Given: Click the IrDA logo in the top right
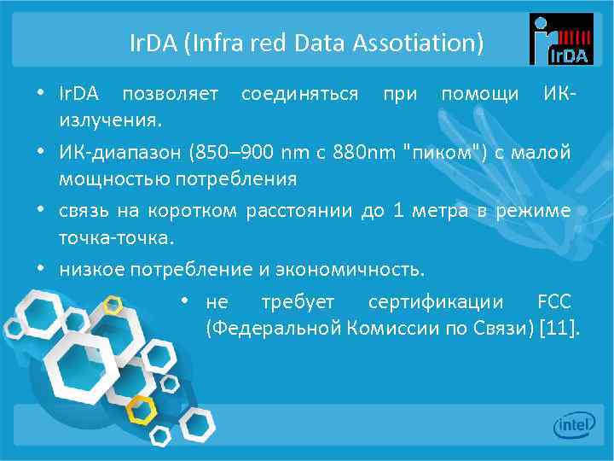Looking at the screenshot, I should coord(560,39).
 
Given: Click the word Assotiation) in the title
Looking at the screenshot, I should coord(427,41).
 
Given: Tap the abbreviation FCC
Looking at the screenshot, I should coord(554,302).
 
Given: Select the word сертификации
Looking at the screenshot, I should coord(436,302).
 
